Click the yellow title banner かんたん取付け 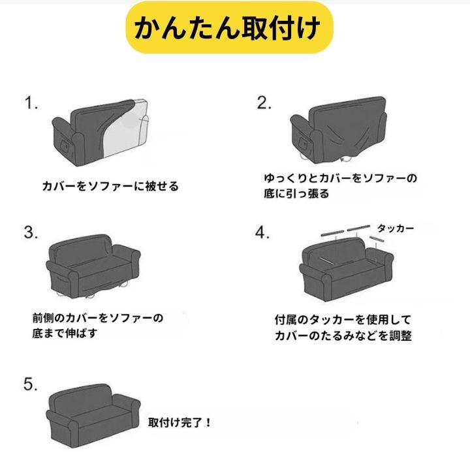tap(229, 27)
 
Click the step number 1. tap(31, 103)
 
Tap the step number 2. tap(264, 103)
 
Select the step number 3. tap(31, 232)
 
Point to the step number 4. tap(262, 232)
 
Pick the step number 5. tap(31, 384)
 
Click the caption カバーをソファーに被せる tap(110, 187)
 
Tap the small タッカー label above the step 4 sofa tap(396, 228)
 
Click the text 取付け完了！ tap(180, 422)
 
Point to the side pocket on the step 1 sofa tap(65, 146)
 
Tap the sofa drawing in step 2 tap(339, 131)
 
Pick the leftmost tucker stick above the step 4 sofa tap(332, 232)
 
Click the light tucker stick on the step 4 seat tap(326, 260)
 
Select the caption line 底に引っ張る tap(296, 194)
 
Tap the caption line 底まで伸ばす tap(65, 333)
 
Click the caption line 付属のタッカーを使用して tap(343, 320)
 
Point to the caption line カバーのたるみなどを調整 tap(343, 336)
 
